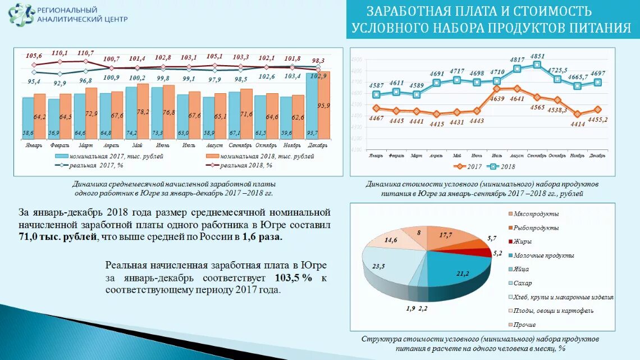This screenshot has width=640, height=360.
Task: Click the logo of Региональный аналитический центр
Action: [21, 15]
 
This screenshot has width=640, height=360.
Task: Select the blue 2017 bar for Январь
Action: [28, 118]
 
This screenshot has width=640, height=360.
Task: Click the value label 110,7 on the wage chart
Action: [85, 53]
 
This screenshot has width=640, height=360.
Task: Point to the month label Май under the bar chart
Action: [131, 145]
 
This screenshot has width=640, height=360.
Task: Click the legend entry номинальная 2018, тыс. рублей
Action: [261, 156]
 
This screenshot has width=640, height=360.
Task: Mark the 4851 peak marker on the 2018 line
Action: [537, 65]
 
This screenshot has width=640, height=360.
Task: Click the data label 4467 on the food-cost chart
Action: [376, 118]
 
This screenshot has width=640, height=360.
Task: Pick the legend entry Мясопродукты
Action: [537, 215]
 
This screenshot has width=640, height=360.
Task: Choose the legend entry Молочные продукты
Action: [543, 256]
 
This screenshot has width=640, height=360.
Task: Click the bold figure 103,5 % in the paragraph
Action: [292, 278]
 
